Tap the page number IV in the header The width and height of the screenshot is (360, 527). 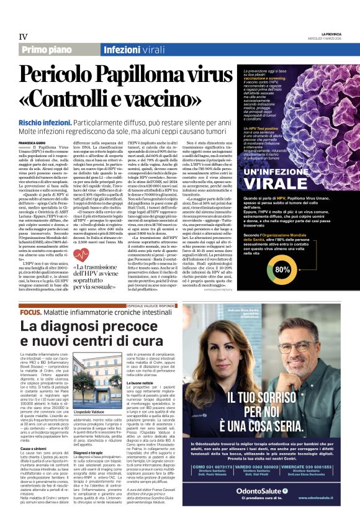pos(24,37)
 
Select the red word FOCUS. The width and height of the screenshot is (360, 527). pos(30,312)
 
